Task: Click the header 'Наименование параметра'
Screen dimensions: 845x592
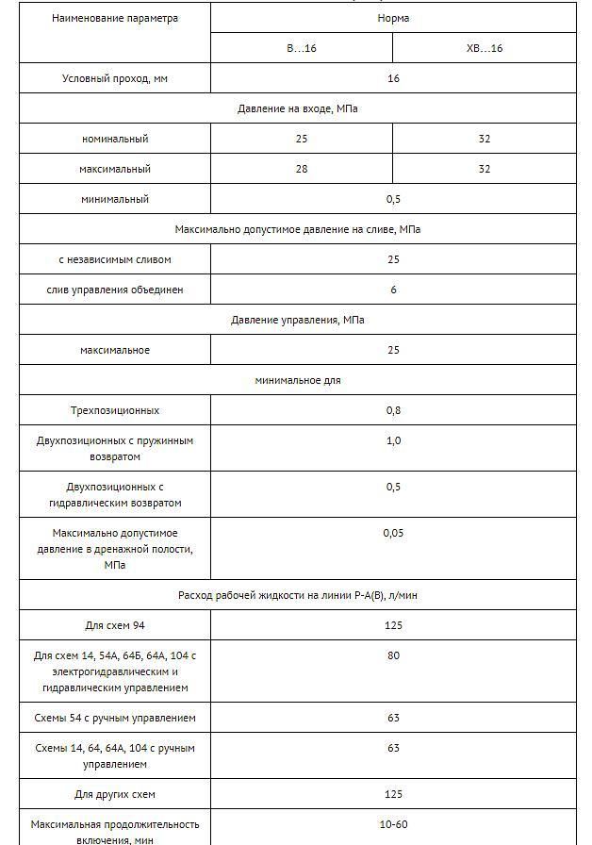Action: point(115,18)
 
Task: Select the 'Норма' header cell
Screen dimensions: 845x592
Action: point(393,18)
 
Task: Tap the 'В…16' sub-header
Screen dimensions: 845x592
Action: point(301,48)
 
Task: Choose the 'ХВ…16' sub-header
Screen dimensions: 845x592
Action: point(485,48)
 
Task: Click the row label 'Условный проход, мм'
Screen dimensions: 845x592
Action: point(115,78)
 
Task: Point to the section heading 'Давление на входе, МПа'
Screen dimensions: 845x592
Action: point(297,108)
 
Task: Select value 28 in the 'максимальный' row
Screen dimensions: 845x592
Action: point(301,169)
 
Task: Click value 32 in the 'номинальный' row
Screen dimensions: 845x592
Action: point(485,139)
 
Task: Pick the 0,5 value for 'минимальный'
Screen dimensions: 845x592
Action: point(393,199)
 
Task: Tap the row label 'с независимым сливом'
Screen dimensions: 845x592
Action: point(115,259)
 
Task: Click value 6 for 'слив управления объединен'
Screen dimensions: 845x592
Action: point(393,290)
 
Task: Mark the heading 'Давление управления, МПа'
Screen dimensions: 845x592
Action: point(297,320)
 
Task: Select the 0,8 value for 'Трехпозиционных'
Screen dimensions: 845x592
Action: point(393,410)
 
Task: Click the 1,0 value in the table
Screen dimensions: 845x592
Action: point(393,440)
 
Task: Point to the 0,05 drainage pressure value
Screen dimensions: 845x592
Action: point(393,533)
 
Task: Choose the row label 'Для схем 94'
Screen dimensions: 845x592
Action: point(115,625)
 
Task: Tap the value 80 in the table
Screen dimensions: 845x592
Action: point(393,655)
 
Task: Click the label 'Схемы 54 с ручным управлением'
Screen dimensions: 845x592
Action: point(115,718)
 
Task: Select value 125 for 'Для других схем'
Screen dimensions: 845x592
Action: point(393,794)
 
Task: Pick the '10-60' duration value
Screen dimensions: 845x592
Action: point(393,824)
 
